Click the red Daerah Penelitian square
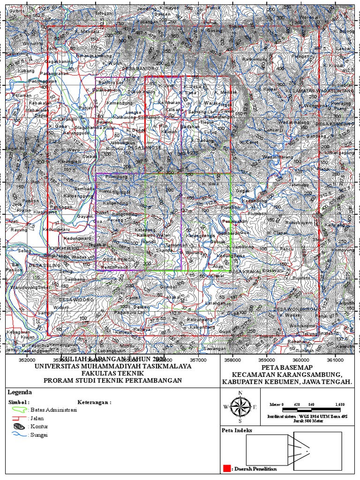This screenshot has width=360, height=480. tap(227, 468)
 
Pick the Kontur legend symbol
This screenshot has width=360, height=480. tap(19, 427)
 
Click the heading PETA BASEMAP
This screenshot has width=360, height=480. tap(287, 367)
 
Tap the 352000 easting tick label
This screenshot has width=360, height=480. tap(27, 360)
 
